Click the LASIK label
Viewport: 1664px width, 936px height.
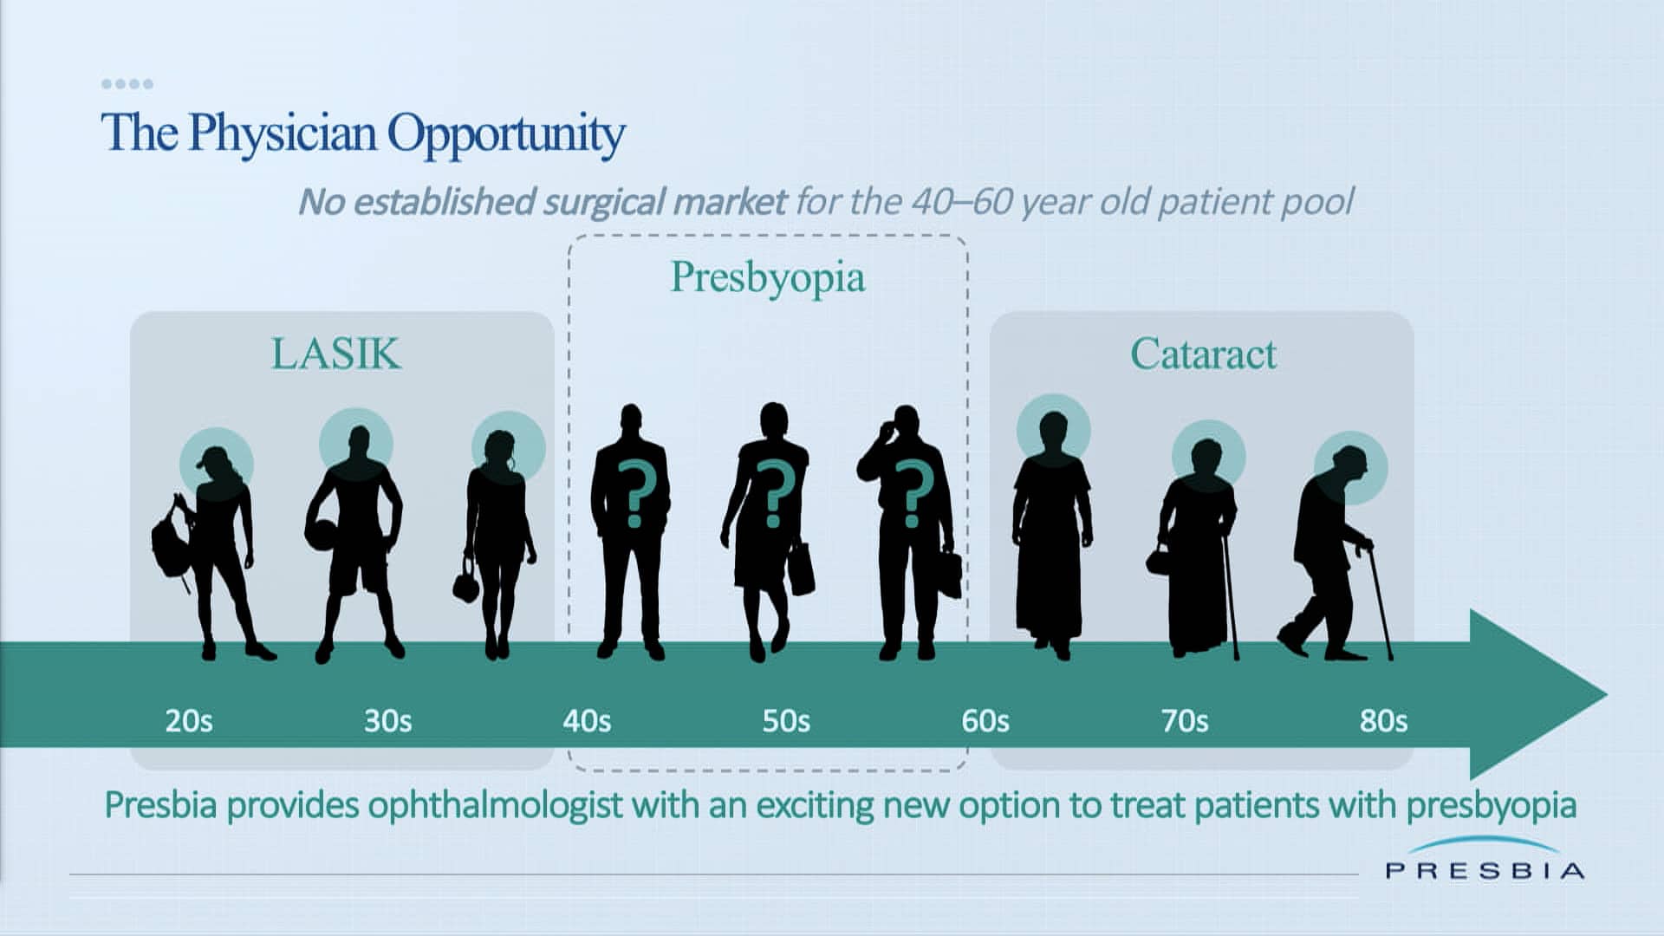tap(336, 354)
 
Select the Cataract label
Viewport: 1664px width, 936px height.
tap(1203, 354)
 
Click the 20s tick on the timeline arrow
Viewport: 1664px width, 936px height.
tap(189, 721)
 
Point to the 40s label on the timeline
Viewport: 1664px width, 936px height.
tap(587, 721)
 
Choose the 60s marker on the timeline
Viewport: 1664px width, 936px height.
tap(985, 721)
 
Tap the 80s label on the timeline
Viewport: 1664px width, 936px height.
tap(1383, 721)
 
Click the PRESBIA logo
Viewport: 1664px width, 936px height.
tap(1485, 860)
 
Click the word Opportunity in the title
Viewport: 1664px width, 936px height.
tap(506, 135)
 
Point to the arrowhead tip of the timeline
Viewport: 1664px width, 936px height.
tap(1608, 694)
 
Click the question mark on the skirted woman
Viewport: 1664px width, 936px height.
tap(774, 494)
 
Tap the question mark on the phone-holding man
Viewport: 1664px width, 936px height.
tap(913, 494)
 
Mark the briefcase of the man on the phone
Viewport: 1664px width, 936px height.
tap(950, 574)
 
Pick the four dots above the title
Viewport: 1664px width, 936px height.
tap(127, 84)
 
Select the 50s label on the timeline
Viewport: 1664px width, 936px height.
tap(786, 721)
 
